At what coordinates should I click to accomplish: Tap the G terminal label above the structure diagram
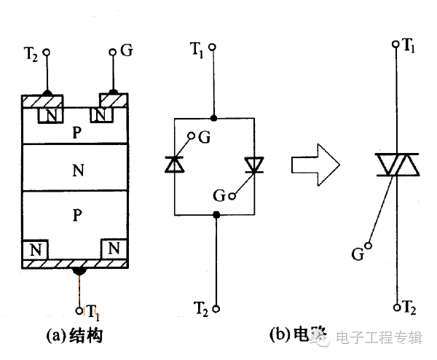[126, 52]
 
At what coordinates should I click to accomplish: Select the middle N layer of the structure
[76, 171]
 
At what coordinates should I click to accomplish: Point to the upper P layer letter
[76, 133]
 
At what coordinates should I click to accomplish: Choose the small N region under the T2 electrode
[51, 115]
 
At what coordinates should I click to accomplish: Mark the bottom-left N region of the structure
[34, 249]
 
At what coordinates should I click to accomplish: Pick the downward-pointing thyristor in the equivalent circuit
[253, 165]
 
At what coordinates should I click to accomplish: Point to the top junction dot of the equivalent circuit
[213, 117]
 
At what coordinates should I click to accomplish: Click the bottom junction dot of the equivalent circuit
[216, 214]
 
